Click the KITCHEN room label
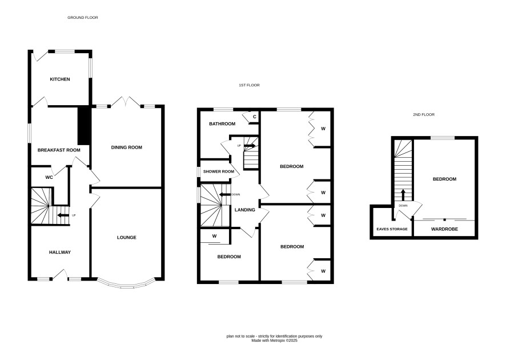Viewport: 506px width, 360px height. pos(60,79)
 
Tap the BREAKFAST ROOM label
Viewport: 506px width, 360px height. pos(59,150)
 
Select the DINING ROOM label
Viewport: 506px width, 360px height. pos(127,147)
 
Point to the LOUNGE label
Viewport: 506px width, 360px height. pos(127,237)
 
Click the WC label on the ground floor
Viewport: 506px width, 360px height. pos(49,177)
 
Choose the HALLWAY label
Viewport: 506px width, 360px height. pos(60,252)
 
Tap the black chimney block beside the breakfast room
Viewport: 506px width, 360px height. pos(84,125)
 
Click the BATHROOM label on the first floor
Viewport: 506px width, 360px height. pos(222,123)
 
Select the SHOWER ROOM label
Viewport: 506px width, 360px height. pos(219,171)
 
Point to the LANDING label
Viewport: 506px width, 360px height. pos(244,210)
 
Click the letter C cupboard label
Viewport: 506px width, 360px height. pos(255,117)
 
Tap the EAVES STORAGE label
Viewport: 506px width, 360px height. pos(392,229)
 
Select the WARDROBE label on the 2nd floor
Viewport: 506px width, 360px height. pos(444,229)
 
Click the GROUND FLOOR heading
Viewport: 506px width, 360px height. pos(83,18)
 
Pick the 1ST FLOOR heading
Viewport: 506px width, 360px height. pos(249,85)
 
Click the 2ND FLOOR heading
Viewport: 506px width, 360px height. pos(424,115)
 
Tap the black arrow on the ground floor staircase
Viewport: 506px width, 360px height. pos(63,215)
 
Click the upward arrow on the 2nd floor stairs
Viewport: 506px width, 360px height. pos(403,195)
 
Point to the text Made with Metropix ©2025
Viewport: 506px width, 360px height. pos(274,341)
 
